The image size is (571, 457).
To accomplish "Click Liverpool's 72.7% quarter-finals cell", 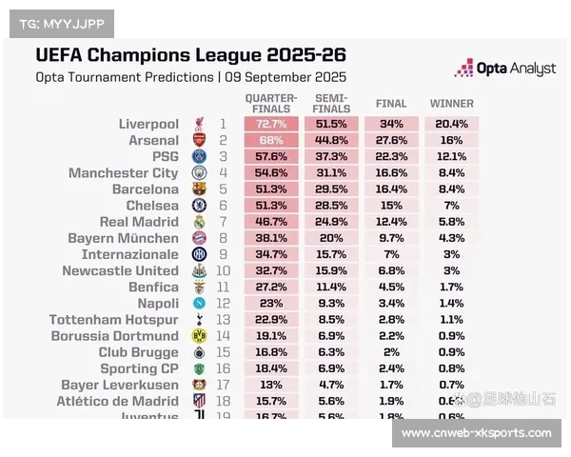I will coord(271,124).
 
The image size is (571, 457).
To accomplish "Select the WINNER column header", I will coord(451,103).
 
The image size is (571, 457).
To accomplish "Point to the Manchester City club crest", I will coord(199,173).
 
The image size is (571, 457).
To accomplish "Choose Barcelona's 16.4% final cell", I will coord(391,189).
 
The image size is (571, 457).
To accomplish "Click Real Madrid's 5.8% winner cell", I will coord(451,222).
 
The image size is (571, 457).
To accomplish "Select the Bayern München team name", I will coord(123,238).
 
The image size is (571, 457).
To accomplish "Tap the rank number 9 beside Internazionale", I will coord(223,254).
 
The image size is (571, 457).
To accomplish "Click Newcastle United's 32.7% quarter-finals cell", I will coord(271,270).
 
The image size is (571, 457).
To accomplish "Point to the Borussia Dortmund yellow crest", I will coord(199,336).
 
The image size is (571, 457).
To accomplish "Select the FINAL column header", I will coord(391,103).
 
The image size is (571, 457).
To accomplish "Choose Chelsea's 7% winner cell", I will coord(451,206).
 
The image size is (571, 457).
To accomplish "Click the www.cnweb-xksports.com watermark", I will coord(476,433).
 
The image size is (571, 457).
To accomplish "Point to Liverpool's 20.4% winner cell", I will coord(451,124).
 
